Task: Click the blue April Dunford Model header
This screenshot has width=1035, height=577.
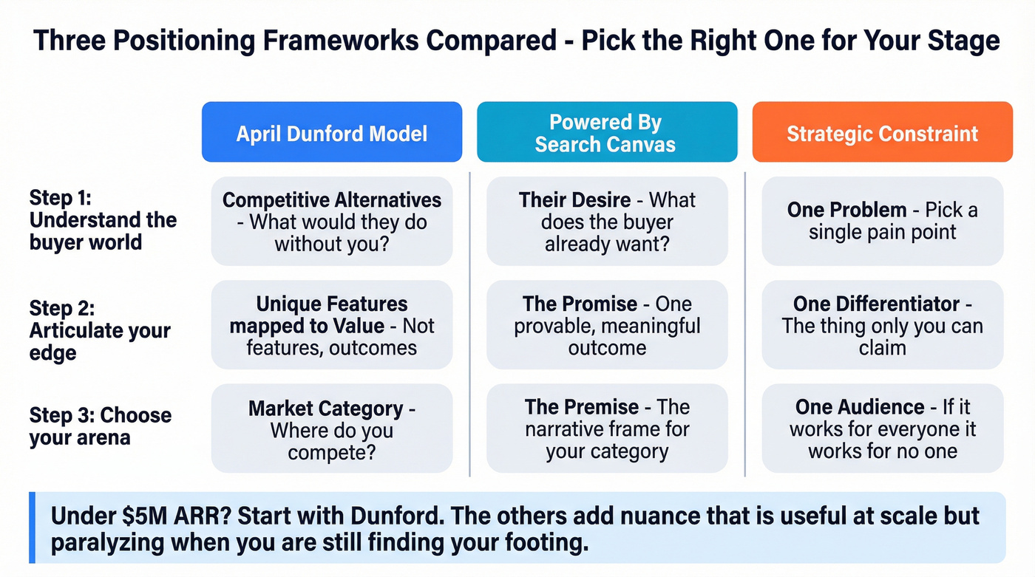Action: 331,132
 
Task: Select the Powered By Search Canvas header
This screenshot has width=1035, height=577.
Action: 606,132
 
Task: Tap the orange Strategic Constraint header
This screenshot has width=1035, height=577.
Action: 882,132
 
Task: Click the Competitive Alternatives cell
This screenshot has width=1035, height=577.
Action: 331,221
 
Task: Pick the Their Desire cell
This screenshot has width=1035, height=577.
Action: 606,221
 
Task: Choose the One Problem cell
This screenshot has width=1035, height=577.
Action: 882,221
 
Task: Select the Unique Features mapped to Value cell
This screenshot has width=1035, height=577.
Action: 331,325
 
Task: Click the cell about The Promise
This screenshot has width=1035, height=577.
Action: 606,325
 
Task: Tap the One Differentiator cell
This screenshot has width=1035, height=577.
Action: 882,325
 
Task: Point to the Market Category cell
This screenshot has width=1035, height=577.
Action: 331,429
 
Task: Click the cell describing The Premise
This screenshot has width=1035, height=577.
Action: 606,429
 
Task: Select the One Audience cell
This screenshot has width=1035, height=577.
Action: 882,429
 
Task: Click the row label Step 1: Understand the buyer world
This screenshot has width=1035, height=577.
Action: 103,219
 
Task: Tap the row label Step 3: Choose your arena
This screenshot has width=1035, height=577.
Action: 100,426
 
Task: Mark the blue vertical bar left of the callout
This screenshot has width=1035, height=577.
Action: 32,528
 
